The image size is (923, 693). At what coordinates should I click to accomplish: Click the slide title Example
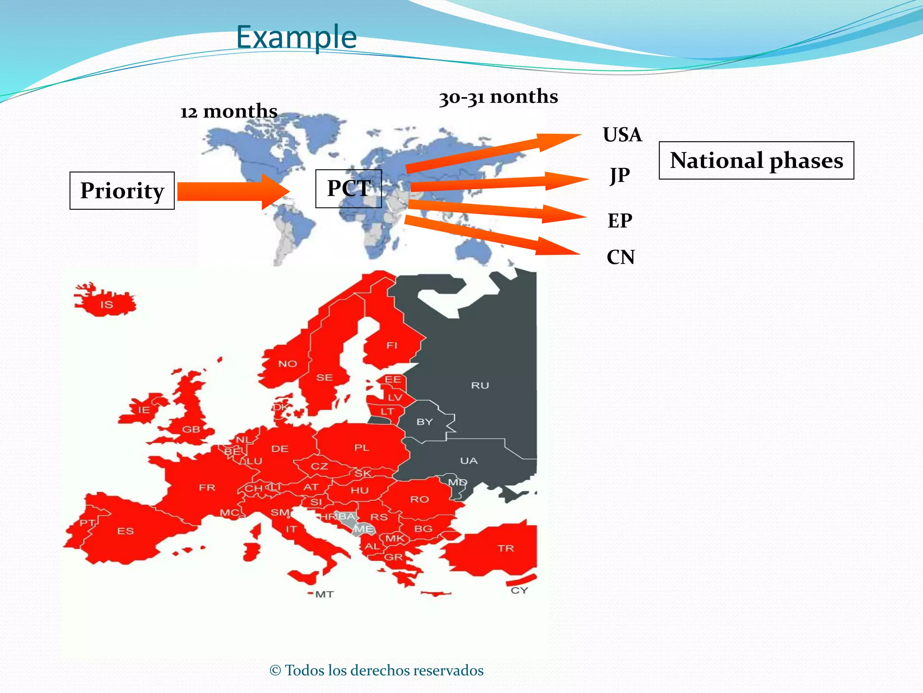[296, 37]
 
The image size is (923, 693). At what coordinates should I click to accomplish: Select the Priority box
[122, 190]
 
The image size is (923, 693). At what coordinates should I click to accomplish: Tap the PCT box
[348, 189]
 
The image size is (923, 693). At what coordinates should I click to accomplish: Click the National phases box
[756, 161]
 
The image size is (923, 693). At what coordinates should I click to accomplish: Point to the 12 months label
[228, 111]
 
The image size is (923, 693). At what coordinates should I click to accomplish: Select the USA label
[622, 135]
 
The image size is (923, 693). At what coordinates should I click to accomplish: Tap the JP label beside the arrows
[620, 175]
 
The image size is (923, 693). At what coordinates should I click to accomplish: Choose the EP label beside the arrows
[620, 221]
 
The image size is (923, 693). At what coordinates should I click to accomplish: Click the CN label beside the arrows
[621, 257]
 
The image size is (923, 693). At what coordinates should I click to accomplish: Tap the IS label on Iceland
[107, 305]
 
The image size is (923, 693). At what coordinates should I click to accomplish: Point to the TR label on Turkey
[506, 548]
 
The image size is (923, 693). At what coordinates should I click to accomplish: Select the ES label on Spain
[125, 531]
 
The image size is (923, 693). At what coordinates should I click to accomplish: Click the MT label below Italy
[324, 594]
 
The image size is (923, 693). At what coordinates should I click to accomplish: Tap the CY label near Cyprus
[519, 590]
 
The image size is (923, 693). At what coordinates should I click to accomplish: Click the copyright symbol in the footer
[275, 670]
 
